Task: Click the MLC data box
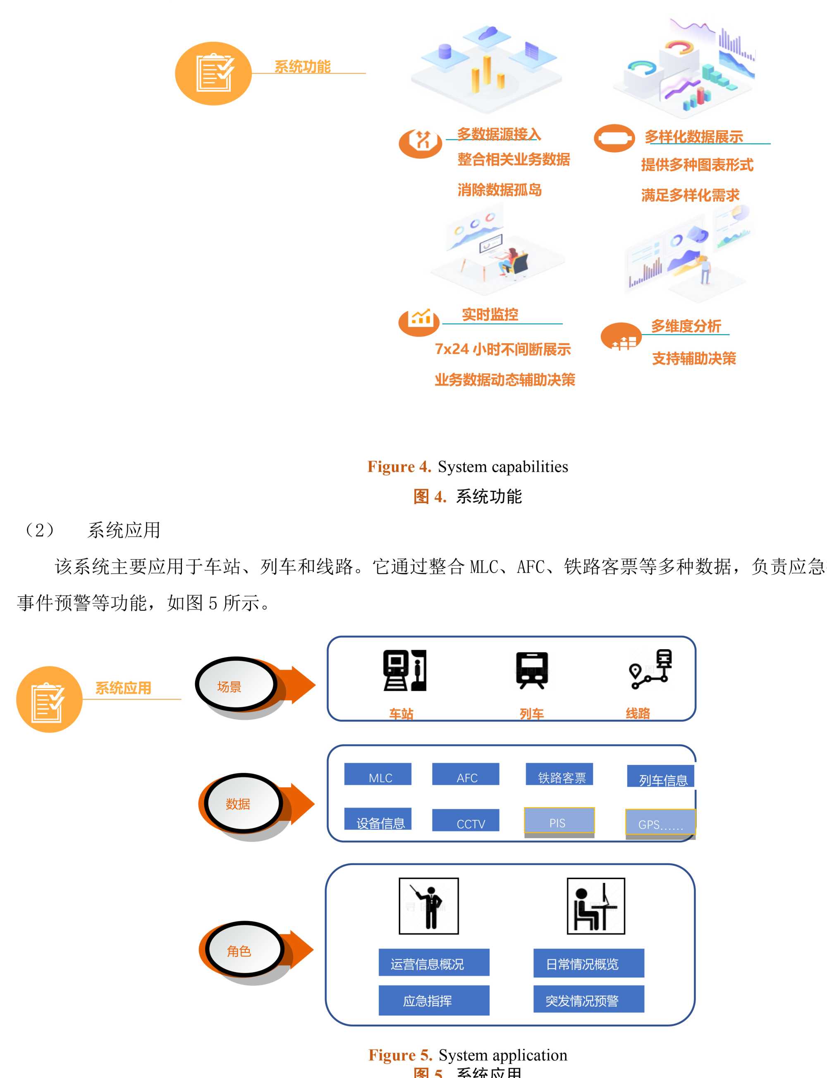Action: [378, 774]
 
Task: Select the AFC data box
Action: [465, 774]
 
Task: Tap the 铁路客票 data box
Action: [559, 774]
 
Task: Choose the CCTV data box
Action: [465, 820]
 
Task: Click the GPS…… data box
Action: [660, 822]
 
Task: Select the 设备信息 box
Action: [378, 819]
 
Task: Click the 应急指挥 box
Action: [434, 1000]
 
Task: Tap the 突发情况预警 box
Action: [588, 999]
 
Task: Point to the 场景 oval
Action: [235, 685]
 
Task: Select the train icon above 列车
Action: [532, 670]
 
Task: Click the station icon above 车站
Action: [405, 670]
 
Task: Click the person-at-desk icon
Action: [595, 906]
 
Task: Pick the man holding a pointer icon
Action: [428, 906]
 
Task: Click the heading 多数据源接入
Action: [499, 134]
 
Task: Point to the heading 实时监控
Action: [490, 314]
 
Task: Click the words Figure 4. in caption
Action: [399, 466]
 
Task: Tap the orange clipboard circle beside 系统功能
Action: [213, 73]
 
